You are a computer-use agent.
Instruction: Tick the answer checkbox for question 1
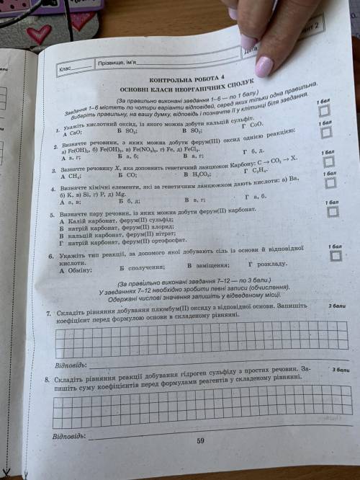pos(325,111)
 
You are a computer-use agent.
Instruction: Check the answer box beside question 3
pos(328,161)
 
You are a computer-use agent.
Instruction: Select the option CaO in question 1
pos(73,133)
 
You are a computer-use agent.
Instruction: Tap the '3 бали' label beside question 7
pos(336,306)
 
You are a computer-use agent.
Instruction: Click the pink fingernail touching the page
pos(264,66)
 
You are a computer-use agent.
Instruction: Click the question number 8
pos(48,378)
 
